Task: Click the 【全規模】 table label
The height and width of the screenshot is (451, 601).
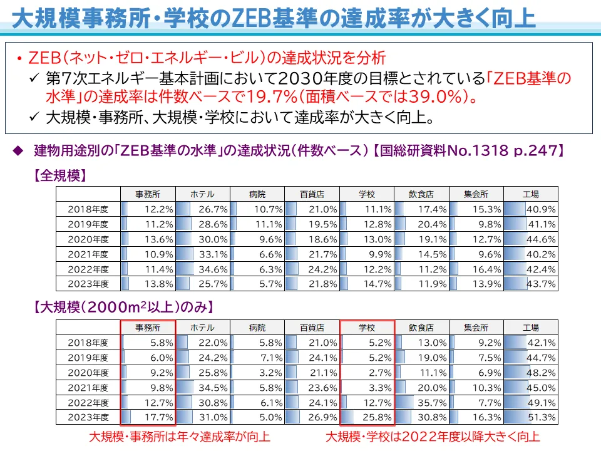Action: point(59,176)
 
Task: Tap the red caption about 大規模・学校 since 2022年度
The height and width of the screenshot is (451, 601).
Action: point(432,436)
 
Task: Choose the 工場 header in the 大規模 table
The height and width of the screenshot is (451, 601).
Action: point(530,328)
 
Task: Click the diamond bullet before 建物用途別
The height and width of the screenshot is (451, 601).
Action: point(18,150)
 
